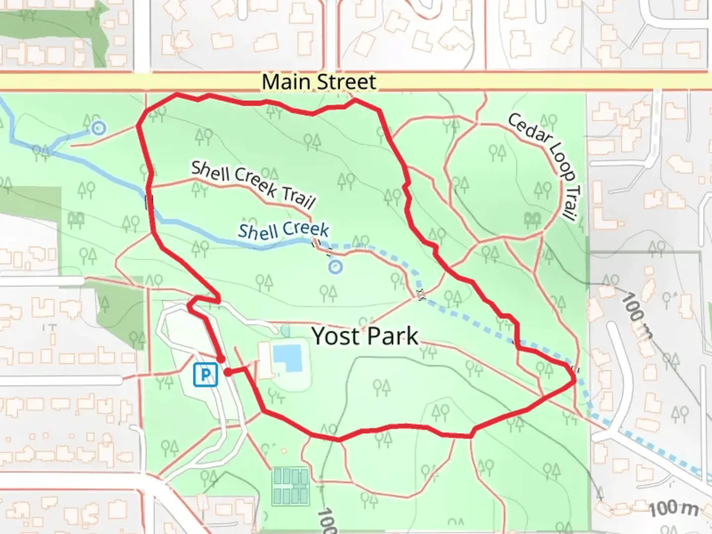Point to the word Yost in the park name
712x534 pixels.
click(x=335, y=336)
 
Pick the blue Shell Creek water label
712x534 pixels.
click(x=283, y=230)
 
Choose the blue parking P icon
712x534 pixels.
click(x=205, y=374)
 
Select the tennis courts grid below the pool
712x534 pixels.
click(x=291, y=486)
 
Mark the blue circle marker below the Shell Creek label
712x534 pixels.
click(x=336, y=267)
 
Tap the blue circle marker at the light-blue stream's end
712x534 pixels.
click(x=99, y=129)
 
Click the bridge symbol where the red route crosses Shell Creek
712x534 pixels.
click(x=149, y=202)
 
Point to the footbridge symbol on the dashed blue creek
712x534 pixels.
click(x=421, y=295)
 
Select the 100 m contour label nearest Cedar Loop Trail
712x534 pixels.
click(x=636, y=315)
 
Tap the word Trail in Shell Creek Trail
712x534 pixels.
click(x=299, y=197)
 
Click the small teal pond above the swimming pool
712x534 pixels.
click(x=285, y=330)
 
